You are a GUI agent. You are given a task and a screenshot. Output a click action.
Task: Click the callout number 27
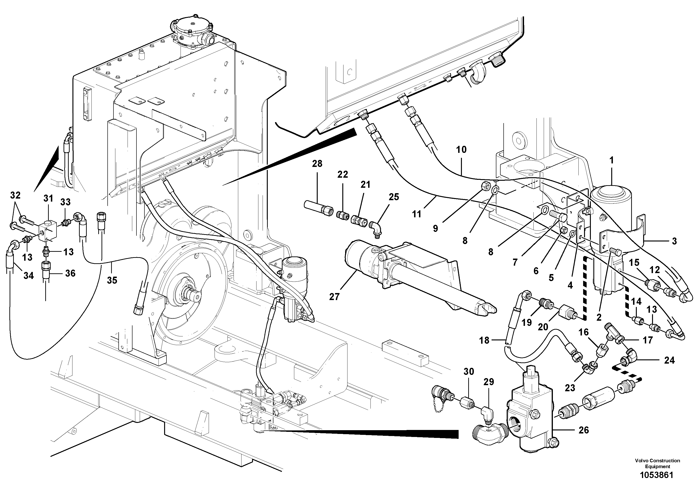[334, 296]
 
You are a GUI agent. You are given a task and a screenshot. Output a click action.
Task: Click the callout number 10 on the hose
[461, 149]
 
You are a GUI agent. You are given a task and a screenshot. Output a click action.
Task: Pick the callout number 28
[317, 164]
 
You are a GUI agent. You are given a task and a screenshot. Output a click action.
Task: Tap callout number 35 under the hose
[112, 280]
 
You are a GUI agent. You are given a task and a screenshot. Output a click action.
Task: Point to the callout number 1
[611, 160]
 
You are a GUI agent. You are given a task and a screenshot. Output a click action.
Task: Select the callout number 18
[484, 340]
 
